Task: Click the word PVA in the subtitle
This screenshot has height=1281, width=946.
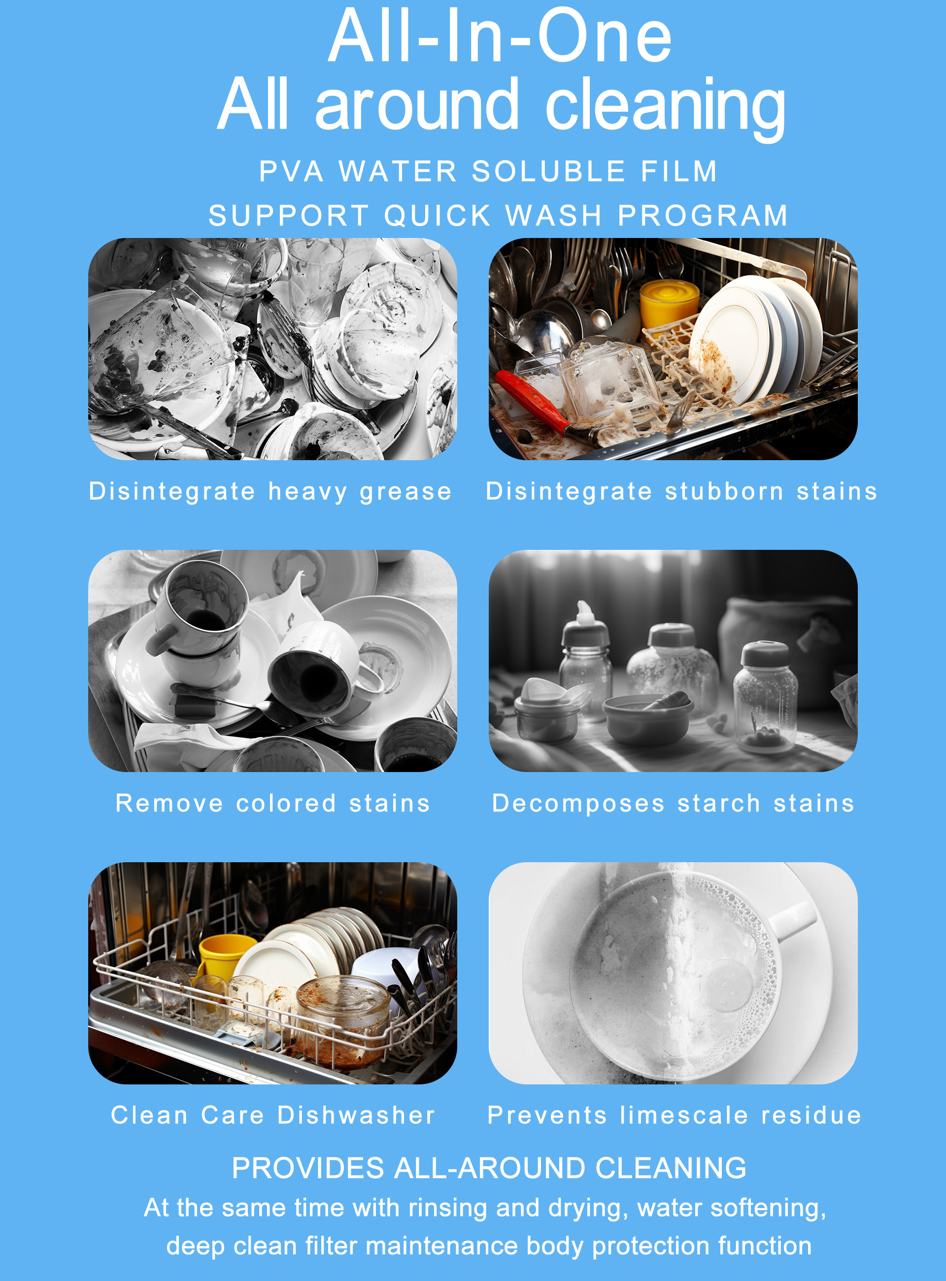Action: point(291,172)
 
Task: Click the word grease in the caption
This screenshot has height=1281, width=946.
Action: point(405,492)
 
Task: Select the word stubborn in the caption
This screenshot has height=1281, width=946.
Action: point(724,491)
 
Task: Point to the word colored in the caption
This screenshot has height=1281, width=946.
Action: point(286,804)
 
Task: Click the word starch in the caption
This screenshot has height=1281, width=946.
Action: point(719,804)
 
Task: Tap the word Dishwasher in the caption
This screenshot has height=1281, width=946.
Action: point(356,1115)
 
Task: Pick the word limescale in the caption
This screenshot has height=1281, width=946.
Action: point(684,1115)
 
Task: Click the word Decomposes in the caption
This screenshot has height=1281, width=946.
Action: point(578,804)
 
